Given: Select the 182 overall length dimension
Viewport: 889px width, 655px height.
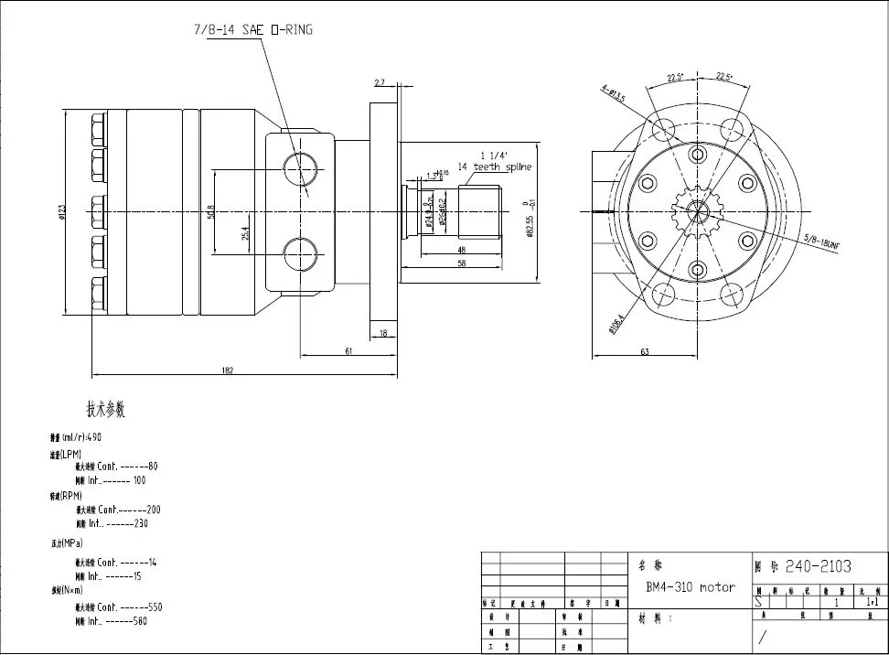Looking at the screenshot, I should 228,370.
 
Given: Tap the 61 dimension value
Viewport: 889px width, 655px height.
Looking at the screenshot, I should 349,350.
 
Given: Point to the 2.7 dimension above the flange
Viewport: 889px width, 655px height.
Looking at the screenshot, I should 380,83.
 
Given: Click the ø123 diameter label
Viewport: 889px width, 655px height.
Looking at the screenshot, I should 62,211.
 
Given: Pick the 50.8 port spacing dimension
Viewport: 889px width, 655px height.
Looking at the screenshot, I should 210,211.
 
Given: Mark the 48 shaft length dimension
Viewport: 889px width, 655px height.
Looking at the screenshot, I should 461,249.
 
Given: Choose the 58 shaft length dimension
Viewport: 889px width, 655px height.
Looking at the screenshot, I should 461,263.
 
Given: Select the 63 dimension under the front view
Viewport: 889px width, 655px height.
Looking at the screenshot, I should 644,351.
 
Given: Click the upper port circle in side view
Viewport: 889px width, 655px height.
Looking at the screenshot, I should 300,167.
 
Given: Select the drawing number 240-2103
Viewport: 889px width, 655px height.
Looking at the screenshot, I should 818,566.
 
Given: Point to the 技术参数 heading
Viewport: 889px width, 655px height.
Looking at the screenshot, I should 105,409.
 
